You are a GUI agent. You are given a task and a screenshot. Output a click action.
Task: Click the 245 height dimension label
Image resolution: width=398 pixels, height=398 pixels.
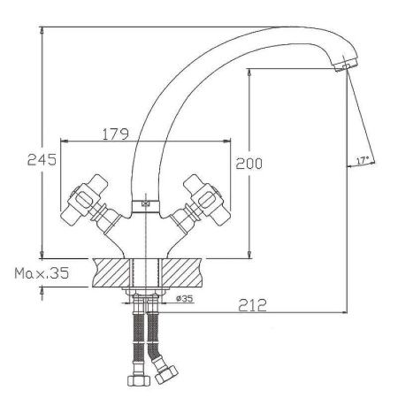point(42,159)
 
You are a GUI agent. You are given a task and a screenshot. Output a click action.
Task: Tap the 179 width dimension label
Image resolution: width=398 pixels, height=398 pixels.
point(116,134)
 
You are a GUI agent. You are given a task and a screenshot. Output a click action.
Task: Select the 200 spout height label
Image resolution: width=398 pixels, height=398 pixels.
point(249,164)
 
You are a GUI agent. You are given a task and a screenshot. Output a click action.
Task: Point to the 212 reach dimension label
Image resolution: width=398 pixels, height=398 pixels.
point(252,305)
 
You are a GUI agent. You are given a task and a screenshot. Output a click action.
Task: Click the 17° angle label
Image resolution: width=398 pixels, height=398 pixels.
point(363,161)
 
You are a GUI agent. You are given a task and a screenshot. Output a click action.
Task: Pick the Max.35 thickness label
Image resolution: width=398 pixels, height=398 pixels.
point(42,273)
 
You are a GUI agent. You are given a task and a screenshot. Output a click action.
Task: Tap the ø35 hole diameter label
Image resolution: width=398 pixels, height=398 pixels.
point(185,299)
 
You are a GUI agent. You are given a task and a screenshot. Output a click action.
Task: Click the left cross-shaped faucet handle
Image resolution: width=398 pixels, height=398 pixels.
point(87,200)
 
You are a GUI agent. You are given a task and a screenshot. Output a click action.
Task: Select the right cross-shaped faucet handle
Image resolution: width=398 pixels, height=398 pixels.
point(204,200)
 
